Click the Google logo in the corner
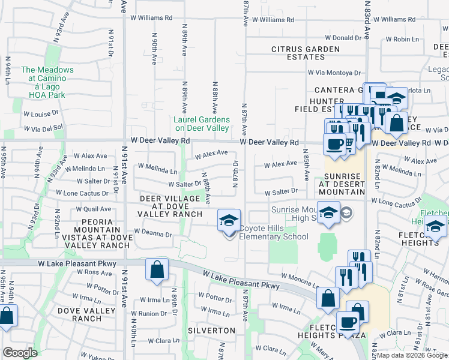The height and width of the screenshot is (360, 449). (x=20, y=353)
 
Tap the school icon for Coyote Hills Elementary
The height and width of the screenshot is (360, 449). (x=229, y=221)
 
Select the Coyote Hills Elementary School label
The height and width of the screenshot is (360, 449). (x=274, y=232)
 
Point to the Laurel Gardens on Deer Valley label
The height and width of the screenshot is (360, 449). (x=201, y=124)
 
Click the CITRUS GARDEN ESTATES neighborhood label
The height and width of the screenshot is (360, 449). (x=306, y=53)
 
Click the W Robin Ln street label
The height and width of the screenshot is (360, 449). (x=402, y=39)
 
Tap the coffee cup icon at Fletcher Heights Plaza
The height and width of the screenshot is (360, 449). (x=348, y=322)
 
